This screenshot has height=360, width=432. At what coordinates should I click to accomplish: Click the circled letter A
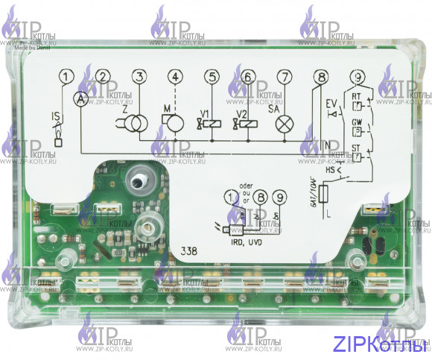click(80, 97)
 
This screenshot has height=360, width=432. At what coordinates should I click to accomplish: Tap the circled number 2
click(104, 76)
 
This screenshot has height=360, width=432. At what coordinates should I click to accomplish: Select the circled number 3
click(139, 76)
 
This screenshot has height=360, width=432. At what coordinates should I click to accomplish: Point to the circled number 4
click(175, 76)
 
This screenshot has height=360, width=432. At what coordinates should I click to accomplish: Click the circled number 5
click(212, 76)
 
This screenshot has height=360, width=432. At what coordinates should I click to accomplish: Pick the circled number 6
click(248, 76)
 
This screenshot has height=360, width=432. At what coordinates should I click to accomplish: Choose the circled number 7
click(284, 76)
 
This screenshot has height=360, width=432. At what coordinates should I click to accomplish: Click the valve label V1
click(201, 113)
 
